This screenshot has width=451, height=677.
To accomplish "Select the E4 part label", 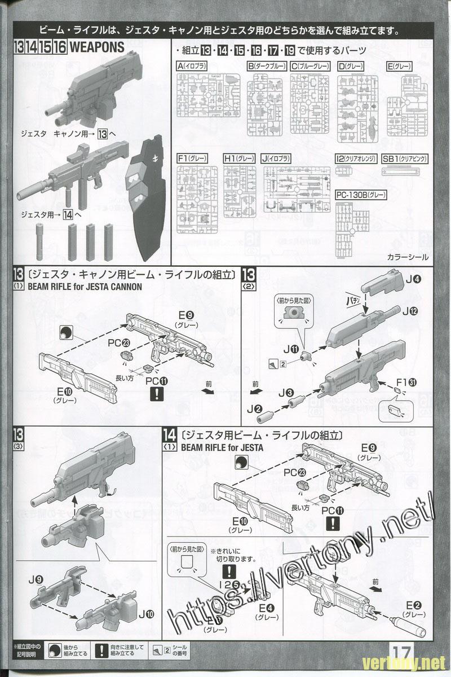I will [266, 608].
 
